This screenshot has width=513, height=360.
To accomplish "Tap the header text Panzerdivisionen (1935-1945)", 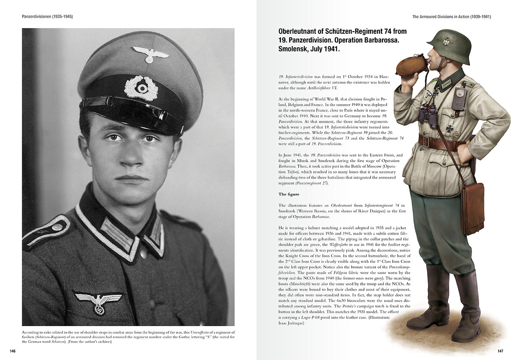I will coord(47,16).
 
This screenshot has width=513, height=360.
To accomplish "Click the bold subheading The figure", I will coord(289,194).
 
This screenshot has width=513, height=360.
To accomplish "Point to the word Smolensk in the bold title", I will coord(295,49).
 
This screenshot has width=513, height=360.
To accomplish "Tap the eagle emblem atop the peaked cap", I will coord(150,54).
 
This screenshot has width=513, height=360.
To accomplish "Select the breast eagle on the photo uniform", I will coord(98,301).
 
